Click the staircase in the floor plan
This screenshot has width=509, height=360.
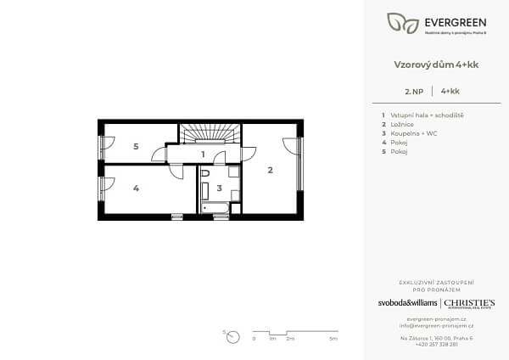pyautogui.click(x=210, y=135)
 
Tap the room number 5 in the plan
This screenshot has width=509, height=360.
pyautogui.click(x=136, y=146)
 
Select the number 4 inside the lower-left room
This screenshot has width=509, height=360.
pyautogui.click(x=136, y=188)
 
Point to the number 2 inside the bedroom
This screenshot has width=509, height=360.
pyautogui.click(x=270, y=171)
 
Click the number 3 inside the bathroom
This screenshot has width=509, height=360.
pyautogui.click(x=219, y=188)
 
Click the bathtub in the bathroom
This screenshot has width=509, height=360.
pyautogui.click(x=215, y=207)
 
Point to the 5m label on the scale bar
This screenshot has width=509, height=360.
pyautogui.click(x=333, y=339)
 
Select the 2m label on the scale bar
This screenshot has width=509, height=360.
pyautogui.click(x=290, y=339)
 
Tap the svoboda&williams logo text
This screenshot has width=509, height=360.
pyautogui.click(x=407, y=303)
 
